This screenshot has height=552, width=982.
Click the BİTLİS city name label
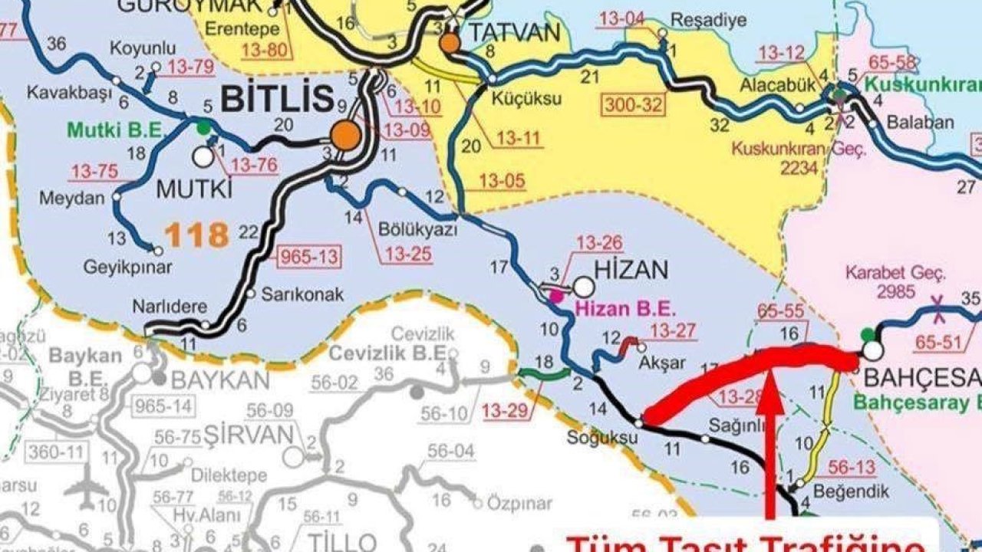click(277, 98)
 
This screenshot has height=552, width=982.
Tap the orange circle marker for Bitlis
click(345, 136)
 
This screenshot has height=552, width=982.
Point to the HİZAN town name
click(631, 269)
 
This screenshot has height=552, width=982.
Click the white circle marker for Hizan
click(584, 287)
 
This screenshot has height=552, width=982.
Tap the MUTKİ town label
click(194, 188)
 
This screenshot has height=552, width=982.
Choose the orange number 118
click(197, 235)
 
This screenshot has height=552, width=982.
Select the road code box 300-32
click(633, 104)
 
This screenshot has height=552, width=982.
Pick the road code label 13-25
click(409, 254)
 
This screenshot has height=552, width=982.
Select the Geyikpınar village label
click(128, 268)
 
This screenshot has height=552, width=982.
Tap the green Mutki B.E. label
click(116, 130)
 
